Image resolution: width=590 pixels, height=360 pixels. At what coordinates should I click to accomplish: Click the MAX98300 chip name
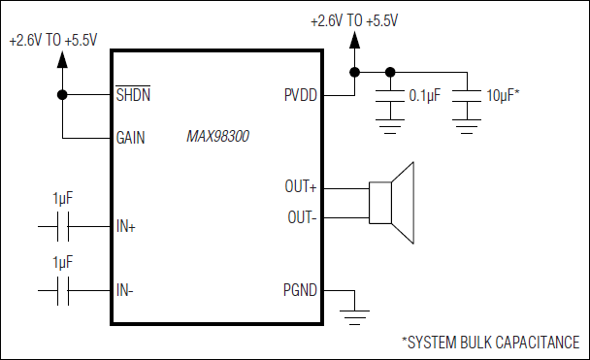click(x=217, y=137)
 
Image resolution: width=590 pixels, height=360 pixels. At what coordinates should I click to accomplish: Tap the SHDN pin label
click(x=133, y=95)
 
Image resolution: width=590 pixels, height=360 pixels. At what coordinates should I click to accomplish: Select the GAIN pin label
click(x=131, y=137)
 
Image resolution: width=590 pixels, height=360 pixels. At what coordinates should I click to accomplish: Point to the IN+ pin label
click(x=126, y=226)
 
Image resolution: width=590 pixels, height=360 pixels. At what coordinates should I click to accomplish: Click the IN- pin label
click(x=125, y=290)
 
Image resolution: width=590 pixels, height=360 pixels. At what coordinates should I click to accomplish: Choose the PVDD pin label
click(x=303, y=95)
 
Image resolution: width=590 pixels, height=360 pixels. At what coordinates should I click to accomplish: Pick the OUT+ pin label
click(x=302, y=185)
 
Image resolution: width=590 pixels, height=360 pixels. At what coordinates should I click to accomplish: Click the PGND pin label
click(x=302, y=290)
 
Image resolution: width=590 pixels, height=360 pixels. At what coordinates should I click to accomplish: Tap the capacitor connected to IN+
click(x=62, y=226)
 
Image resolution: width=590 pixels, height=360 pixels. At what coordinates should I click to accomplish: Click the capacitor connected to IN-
click(x=62, y=290)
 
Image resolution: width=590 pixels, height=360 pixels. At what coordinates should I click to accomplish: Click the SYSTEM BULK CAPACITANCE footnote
click(x=490, y=342)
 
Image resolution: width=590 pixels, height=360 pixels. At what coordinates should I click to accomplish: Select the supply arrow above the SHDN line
click(x=63, y=60)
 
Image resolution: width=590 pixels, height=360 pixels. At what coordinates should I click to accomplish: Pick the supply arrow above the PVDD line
click(x=356, y=39)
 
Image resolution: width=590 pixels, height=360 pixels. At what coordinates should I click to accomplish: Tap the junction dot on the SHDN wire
click(x=63, y=95)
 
